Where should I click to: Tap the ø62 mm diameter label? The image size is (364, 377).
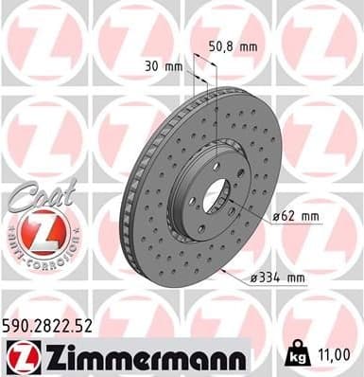295,216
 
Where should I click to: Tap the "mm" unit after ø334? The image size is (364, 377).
295,278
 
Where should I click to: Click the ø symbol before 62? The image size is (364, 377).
275,217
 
